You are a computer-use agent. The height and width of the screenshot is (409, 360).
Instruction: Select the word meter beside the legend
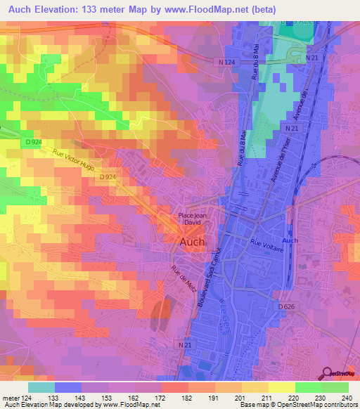(x=11, y=398)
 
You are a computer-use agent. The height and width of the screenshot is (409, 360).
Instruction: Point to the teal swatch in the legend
(x=41, y=387)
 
